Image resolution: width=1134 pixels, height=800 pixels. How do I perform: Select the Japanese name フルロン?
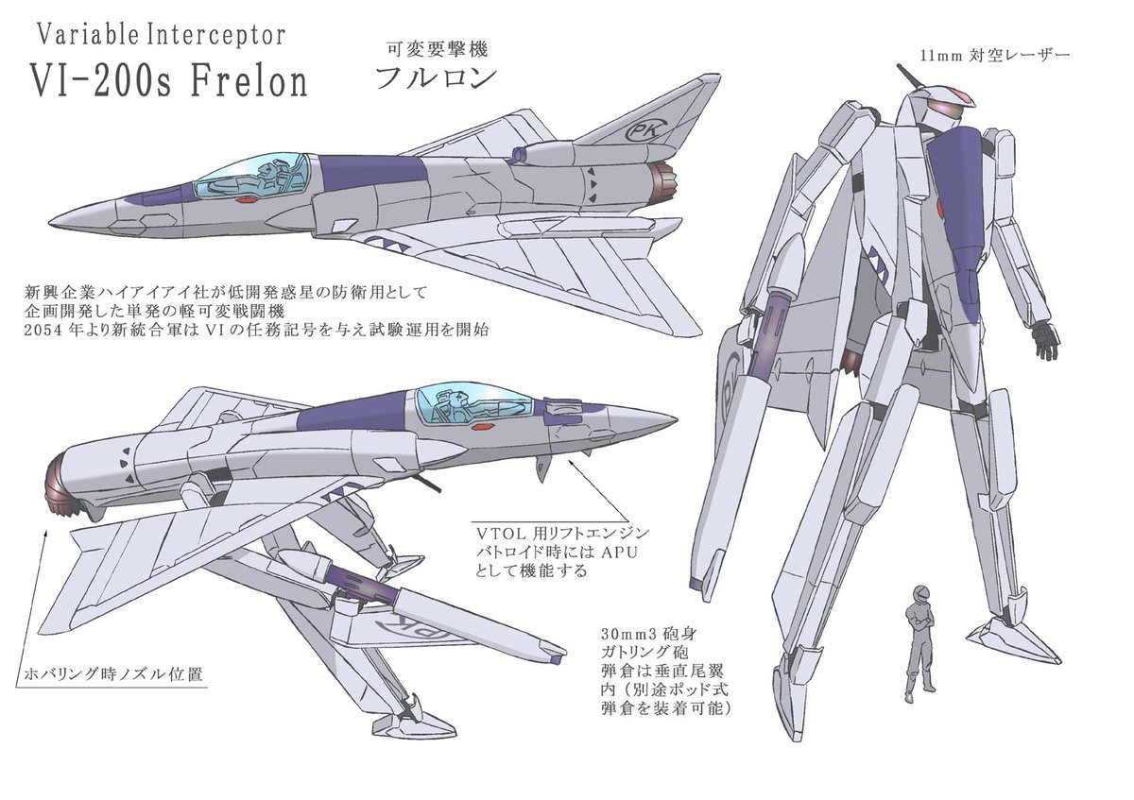[435, 78]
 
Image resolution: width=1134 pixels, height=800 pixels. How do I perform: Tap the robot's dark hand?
[1045, 339]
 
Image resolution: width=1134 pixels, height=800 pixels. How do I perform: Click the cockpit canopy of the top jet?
[254, 179]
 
